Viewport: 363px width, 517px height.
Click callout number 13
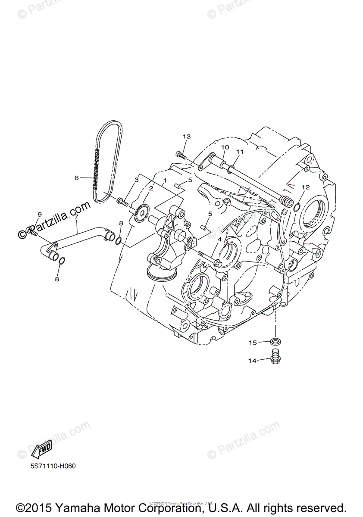pos(186,137)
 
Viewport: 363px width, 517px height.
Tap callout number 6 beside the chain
pos(77,178)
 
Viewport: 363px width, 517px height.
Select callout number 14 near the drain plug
pos(252,360)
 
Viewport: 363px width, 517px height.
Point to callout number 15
pos(252,343)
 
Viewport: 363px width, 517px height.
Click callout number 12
pos(306,187)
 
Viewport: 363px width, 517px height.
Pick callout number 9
pos(39,215)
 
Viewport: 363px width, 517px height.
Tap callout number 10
pos(225,147)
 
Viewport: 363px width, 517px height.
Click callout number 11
pos(240,152)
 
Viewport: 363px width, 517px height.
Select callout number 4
pos(219,239)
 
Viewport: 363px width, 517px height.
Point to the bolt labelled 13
pos(181,156)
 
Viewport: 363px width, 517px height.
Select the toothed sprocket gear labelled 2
pos(141,213)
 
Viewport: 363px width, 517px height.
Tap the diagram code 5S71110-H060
pos(50,466)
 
